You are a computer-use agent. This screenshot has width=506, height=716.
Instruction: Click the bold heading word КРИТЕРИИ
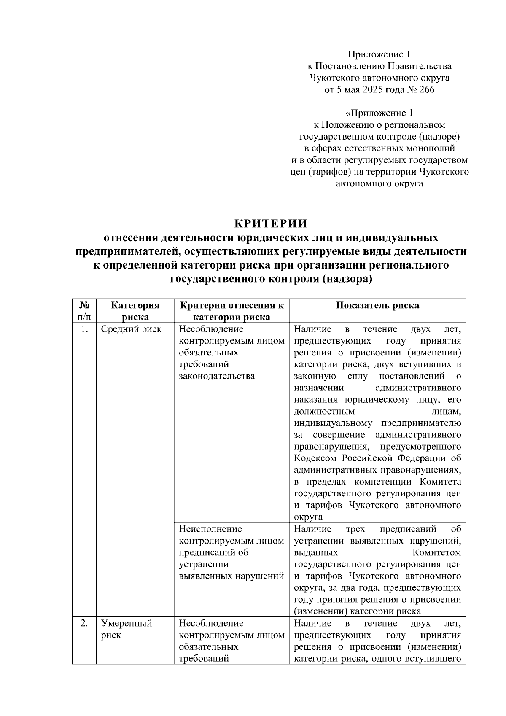pyautogui.click(x=271, y=223)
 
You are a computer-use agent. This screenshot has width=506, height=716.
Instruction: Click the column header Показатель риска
pyautogui.click(x=377, y=306)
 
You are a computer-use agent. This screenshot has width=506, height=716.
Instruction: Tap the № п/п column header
pyautogui.click(x=84, y=311)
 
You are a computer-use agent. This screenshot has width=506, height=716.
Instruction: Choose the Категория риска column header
pyautogui.click(x=135, y=311)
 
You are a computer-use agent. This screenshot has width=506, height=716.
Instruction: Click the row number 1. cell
pyautogui.click(x=84, y=329)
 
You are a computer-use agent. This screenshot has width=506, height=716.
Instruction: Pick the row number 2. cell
pyautogui.click(x=84, y=623)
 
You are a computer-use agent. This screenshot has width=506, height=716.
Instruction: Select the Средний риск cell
pyautogui.click(x=131, y=329)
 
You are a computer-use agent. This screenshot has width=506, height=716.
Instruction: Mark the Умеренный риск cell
pyautogui.click(x=126, y=629)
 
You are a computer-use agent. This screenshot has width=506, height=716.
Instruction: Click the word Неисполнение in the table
pyautogui.click(x=210, y=529)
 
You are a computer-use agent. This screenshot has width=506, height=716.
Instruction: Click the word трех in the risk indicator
pyautogui.click(x=355, y=529)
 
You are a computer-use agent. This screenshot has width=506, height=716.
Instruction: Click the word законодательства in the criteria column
pyautogui.click(x=217, y=376)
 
